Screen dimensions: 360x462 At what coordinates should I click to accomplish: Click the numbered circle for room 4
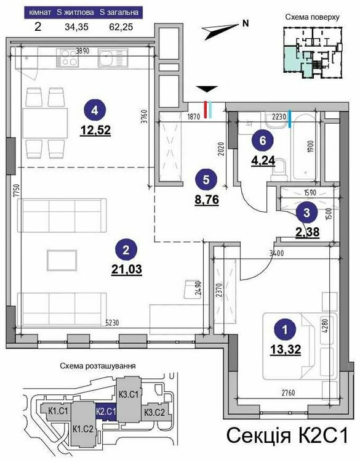coord(95,110)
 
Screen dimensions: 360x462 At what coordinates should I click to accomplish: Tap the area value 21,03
coord(127,269)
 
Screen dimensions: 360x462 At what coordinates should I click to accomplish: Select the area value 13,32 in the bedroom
coord(286,349)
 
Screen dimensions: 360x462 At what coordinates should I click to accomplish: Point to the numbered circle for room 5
coord(206,179)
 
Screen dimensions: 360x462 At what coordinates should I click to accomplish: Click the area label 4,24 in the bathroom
coord(263,161)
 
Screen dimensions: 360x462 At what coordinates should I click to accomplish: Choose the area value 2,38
coord(307,232)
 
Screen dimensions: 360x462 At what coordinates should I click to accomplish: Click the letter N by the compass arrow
coord(245,23)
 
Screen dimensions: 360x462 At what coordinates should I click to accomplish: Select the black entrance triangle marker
coord(207,89)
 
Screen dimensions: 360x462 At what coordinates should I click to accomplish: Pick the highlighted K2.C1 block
coord(106,411)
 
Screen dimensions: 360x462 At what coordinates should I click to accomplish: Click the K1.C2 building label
coord(82,428)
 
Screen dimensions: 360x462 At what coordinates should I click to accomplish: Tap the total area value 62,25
coord(121,27)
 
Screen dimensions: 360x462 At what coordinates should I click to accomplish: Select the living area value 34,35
coord(76,27)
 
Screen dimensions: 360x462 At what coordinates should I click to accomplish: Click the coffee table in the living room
coord(62,260)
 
